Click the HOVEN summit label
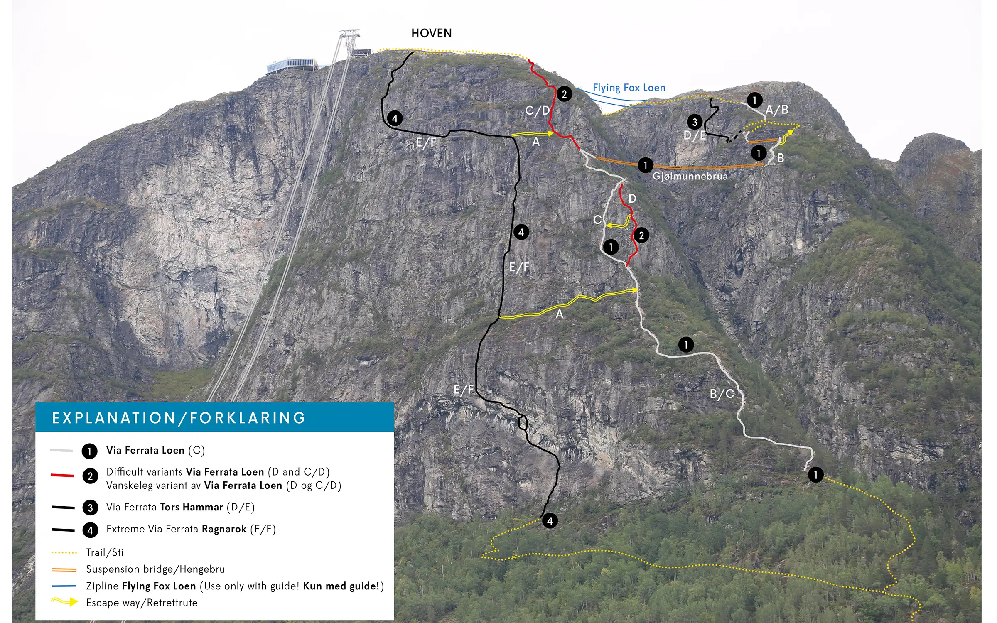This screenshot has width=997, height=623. click(x=431, y=33)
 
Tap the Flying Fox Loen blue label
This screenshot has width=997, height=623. click(x=629, y=88)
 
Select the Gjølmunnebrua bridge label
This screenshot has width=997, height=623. click(x=690, y=176)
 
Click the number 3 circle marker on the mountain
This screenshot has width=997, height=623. click(x=695, y=122)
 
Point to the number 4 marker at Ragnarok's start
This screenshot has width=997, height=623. click(x=550, y=521)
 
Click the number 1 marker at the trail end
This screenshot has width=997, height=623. click(x=815, y=475)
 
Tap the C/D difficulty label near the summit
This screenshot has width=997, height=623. click(x=538, y=110)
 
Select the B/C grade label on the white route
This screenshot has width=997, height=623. click(x=722, y=394)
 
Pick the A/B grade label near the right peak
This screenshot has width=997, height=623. click(x=777, y=110)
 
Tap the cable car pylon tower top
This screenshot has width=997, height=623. click(x=349, y=33)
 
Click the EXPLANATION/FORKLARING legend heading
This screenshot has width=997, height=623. click(x=179, y=418)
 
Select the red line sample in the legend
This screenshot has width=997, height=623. click(x=62, y=475)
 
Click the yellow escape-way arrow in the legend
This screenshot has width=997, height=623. click(x=65, y=602)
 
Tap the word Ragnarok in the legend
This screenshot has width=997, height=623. click(x=224, y=529)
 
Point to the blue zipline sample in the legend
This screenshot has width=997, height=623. click(x=64, y=586)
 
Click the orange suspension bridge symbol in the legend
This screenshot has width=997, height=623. click(x=64, y=569)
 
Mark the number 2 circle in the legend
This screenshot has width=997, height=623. click(x=90, y=476)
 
